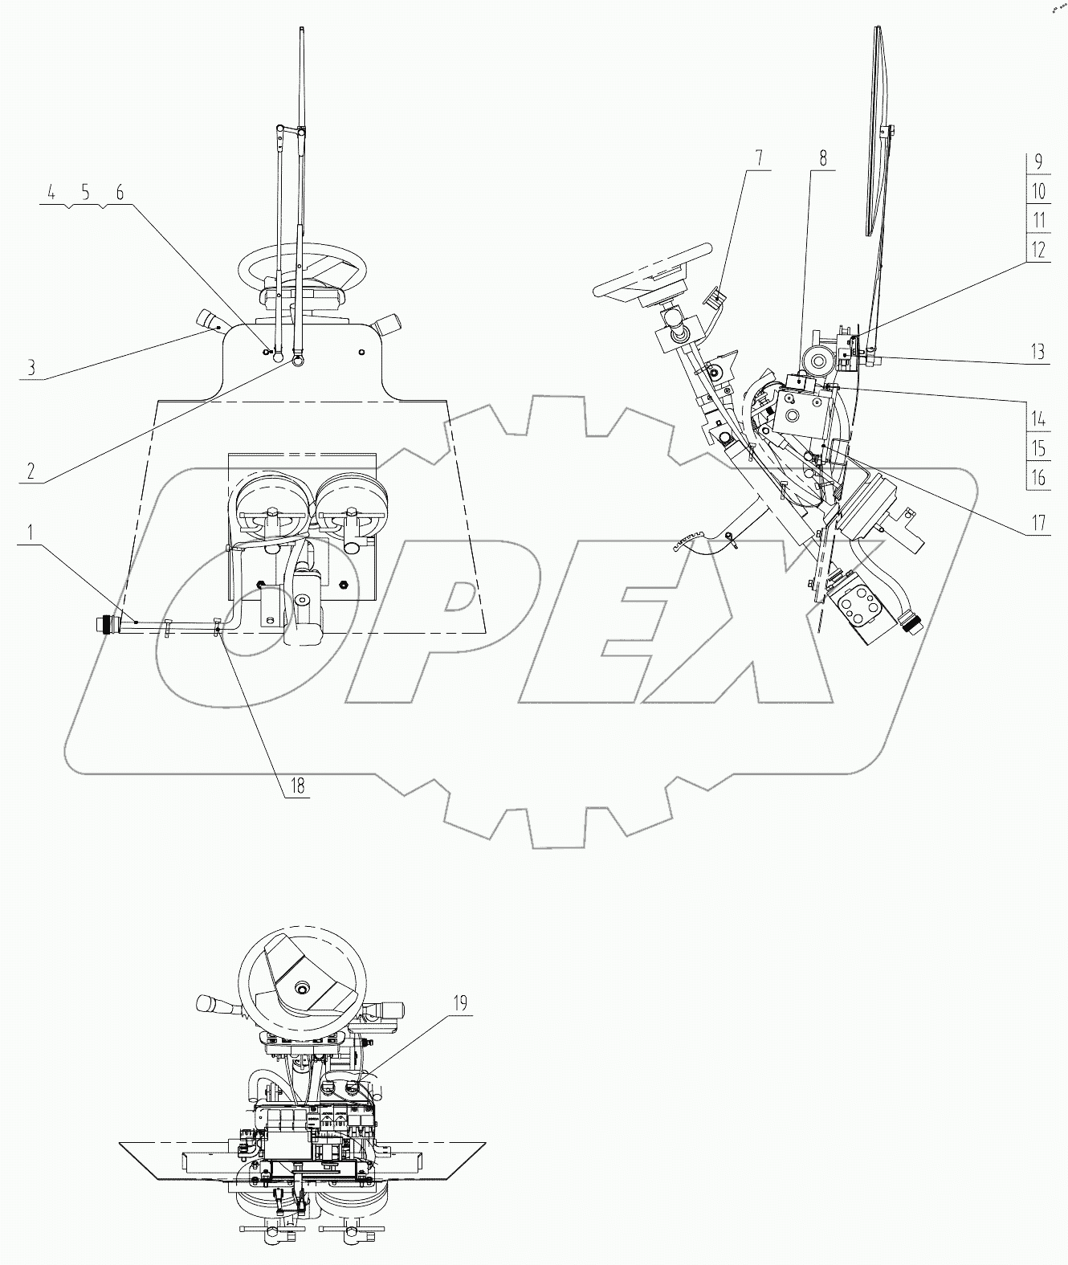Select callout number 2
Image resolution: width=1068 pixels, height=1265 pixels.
click(x=31, y=471)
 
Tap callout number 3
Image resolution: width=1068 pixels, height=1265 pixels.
click(x=31, y=368)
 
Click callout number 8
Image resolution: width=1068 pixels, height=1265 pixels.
click(x=823, y=157)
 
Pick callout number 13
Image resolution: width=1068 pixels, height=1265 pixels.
click(x=1037, y=351)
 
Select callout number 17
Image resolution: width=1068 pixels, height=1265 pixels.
click(x=1039, y=524)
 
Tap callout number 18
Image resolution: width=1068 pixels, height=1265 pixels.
click(x=298, y=786)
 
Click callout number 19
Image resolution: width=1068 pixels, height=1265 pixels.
click(x=460, y=1002)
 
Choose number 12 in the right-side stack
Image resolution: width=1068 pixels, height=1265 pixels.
click(x=1038, y=249)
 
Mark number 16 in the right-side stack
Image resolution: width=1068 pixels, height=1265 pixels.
click(x=1039, y=478)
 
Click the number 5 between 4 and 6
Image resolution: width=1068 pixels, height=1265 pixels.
click(x=85, y=192)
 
